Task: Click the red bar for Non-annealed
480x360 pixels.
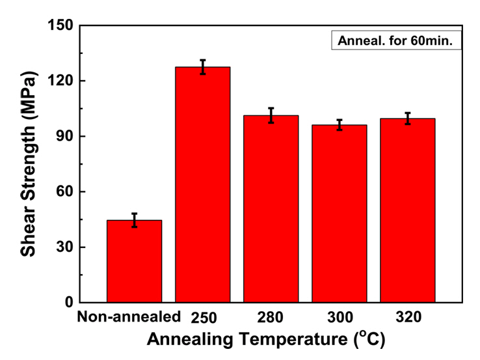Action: pos(134,261)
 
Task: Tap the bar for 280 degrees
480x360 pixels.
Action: pos(271,208)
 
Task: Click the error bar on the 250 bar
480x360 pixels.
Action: pos(202,67)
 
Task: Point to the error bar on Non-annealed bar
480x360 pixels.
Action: pos(134,220)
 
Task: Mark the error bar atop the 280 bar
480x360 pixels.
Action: pos(271,115)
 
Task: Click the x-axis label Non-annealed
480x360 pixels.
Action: pos(127,318)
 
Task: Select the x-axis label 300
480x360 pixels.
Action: pos(339,318)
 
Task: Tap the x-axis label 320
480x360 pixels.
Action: pos(407,318)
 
